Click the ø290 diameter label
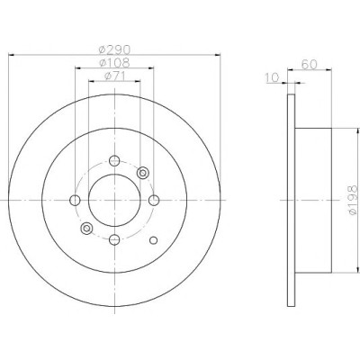click(114, 49)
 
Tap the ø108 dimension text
click(114, 63)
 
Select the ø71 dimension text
click(114, 76)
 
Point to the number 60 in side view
click(309, 65)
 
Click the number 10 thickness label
click(273, 77)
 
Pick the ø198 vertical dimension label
click(352, 200)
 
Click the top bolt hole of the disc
click(114, 160)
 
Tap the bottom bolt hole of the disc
click(114, 239)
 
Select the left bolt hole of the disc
click(75, 200)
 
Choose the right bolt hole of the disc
click(154, 200)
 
